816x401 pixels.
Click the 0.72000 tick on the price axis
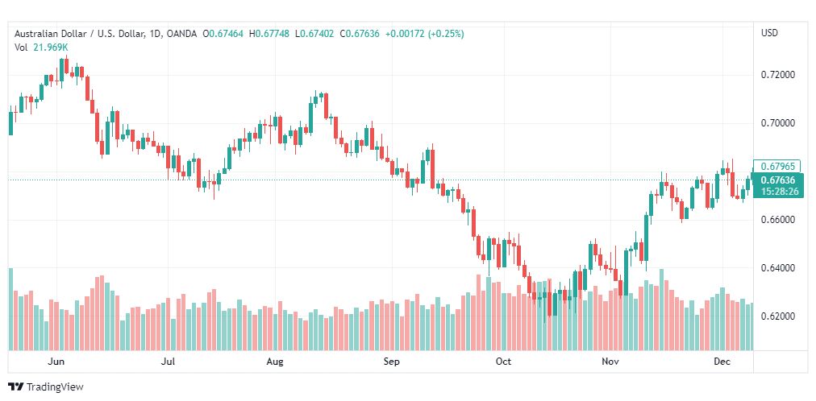click(778, 75)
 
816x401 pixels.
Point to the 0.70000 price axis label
click(778, 123)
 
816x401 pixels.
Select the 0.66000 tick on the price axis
click(778, 220)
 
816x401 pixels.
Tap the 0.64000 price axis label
click(778, 268)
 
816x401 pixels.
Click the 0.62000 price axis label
click(778, 316)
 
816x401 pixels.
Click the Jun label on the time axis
click(56, 362)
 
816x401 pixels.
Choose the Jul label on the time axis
click(169, 362)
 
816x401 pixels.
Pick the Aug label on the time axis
click(275, 362)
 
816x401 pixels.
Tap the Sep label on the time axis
click(391, 362)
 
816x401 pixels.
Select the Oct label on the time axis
click(504, 362)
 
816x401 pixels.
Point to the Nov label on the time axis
click(610, 362)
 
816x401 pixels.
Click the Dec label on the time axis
click(722, 362)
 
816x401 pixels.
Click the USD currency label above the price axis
click(769, 33)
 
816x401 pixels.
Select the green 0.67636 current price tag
click(777, 180)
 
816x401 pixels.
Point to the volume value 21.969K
click(50, 48)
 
